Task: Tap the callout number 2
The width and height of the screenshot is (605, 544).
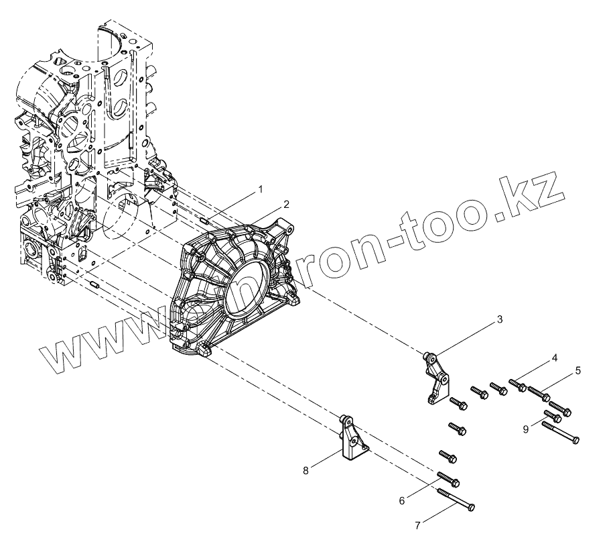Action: (285, 203)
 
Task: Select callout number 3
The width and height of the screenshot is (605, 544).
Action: (499, 321)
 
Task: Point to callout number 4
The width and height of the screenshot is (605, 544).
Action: (554, 359)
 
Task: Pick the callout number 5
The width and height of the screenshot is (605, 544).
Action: (578, 370)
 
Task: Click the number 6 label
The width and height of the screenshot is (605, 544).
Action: (401, 500)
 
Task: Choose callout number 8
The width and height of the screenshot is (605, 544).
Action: (306, 470)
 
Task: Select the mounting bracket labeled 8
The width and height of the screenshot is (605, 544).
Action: (353, 439)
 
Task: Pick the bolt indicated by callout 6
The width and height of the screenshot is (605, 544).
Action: (448, 478)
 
